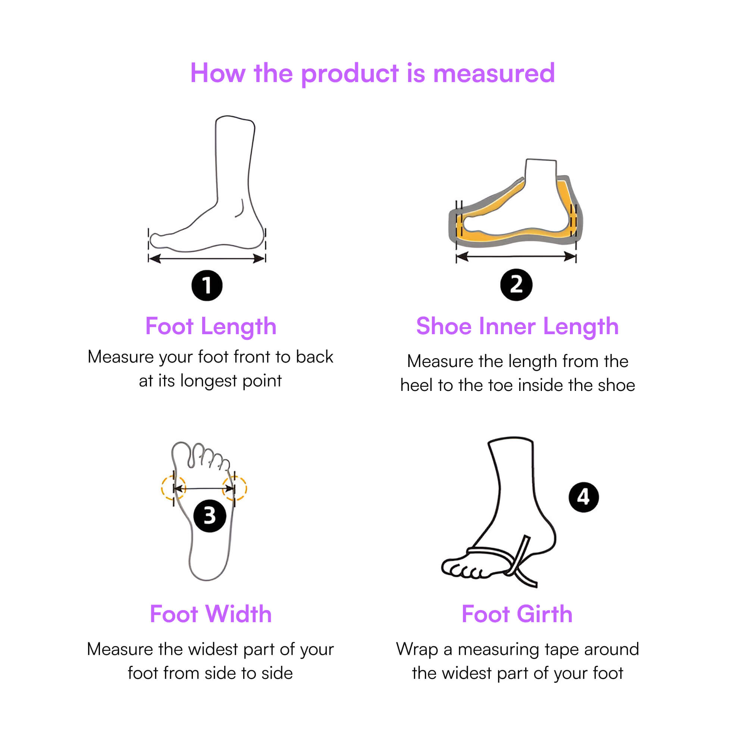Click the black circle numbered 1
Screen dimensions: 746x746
click(x=207, y=285)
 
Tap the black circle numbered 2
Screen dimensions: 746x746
click(x=516, y=285)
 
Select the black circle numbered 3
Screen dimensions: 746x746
click(x=210, y=516)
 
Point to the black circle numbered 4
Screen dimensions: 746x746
click(x=584, y=497)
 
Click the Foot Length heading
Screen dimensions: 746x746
click(x=211, y=327)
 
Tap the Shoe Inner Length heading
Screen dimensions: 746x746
click(x=517, y=327)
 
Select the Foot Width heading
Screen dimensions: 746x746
click(x=211, y=614)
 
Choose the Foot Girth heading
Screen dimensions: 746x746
click(x=517, y=614)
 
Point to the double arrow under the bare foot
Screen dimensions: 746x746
click(x=207, y=258)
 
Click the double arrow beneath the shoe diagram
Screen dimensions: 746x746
click(x=516, y=256)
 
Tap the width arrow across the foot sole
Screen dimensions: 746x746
click(x=204, y=489)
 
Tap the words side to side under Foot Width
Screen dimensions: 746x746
click(x=249, y=673)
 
